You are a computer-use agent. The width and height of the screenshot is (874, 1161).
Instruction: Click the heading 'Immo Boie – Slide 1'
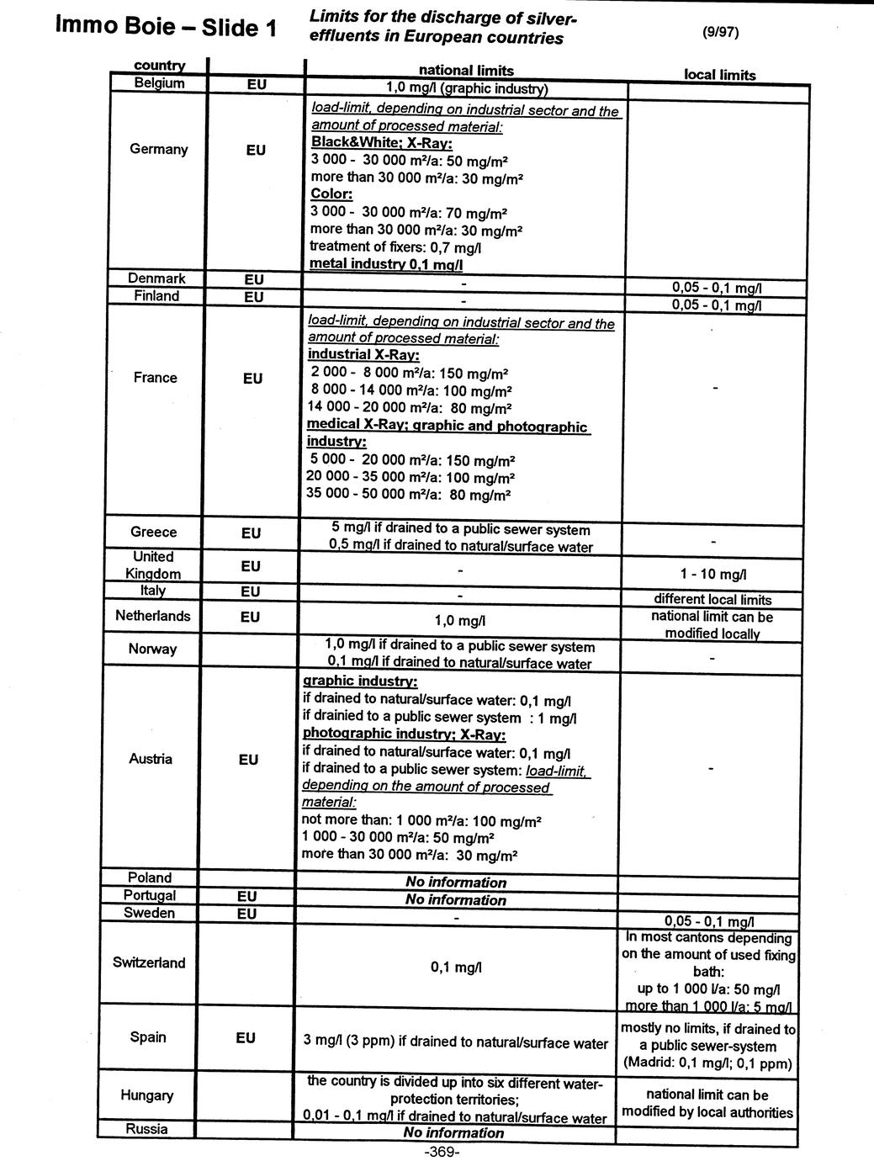165,27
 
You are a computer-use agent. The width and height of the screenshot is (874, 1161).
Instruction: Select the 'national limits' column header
466,71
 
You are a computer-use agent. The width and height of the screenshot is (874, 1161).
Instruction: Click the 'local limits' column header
719,75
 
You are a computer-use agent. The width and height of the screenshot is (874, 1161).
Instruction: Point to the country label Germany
159,149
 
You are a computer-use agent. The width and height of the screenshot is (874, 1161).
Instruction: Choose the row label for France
156,378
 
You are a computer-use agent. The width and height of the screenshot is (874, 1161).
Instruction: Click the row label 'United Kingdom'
153,565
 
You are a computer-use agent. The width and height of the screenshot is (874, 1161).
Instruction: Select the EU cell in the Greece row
251,533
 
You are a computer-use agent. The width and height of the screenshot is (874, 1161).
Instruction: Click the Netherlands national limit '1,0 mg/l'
459,621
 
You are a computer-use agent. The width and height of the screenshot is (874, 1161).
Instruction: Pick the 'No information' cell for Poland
456,883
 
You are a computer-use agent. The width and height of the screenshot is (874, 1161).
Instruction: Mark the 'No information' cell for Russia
453,1132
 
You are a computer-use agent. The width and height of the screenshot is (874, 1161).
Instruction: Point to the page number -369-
442,1152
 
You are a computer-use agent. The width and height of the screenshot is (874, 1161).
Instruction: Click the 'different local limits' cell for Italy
713,600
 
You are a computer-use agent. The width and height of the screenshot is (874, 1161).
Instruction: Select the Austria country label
151,759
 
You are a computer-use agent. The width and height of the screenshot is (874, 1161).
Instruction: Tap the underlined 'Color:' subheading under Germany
331,194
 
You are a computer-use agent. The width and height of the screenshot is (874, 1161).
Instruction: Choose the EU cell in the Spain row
246,1038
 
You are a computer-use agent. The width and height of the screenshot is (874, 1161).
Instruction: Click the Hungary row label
147,1095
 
